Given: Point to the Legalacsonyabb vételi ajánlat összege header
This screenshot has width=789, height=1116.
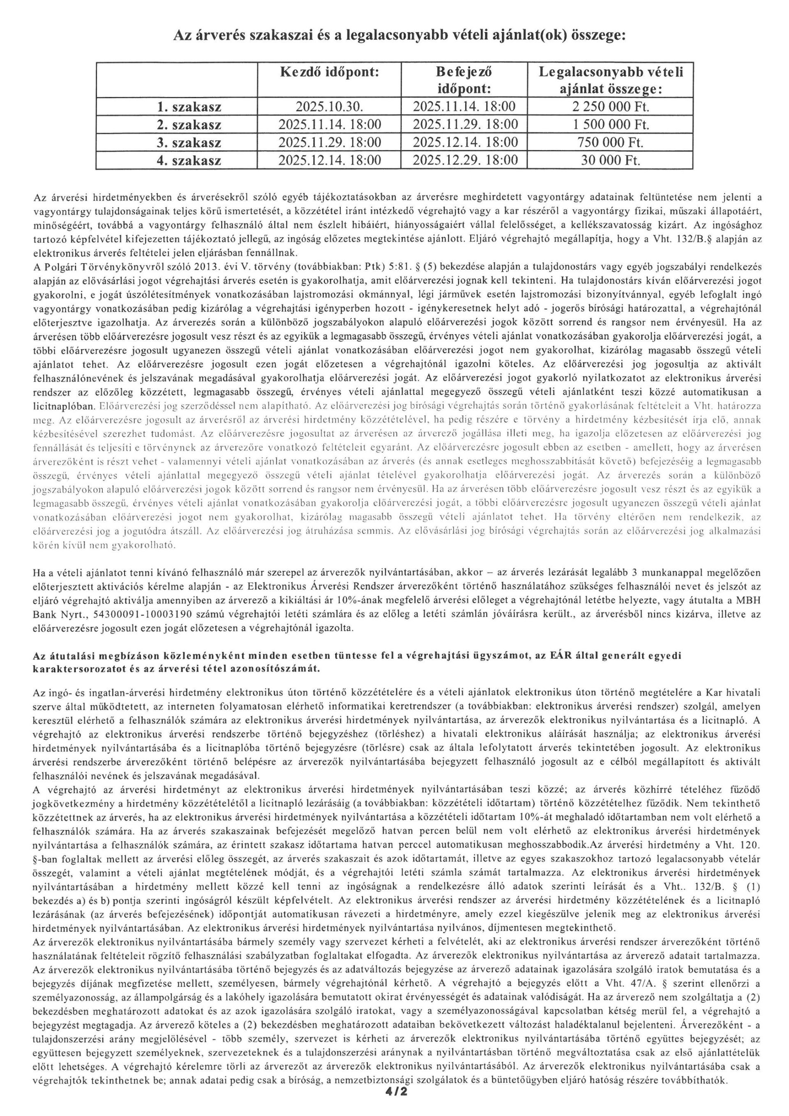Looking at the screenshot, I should [x=610, y=80].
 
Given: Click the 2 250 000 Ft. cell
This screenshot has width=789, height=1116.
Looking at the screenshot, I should [x=610, y=107].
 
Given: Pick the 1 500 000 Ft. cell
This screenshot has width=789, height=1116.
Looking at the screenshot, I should [x=610, y=125].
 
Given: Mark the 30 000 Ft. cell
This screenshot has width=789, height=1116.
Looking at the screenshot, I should [x=610, y=160].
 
